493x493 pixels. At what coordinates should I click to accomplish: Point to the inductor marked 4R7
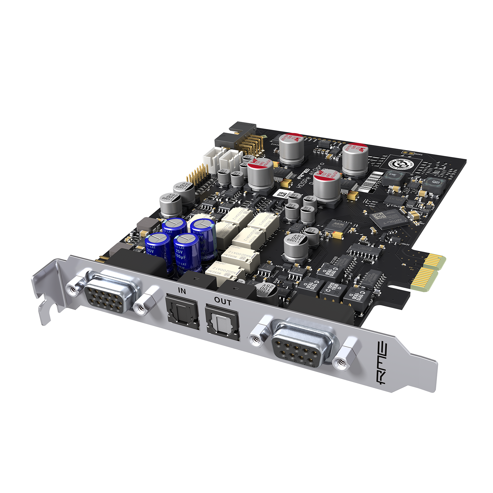[x=435, y=182]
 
